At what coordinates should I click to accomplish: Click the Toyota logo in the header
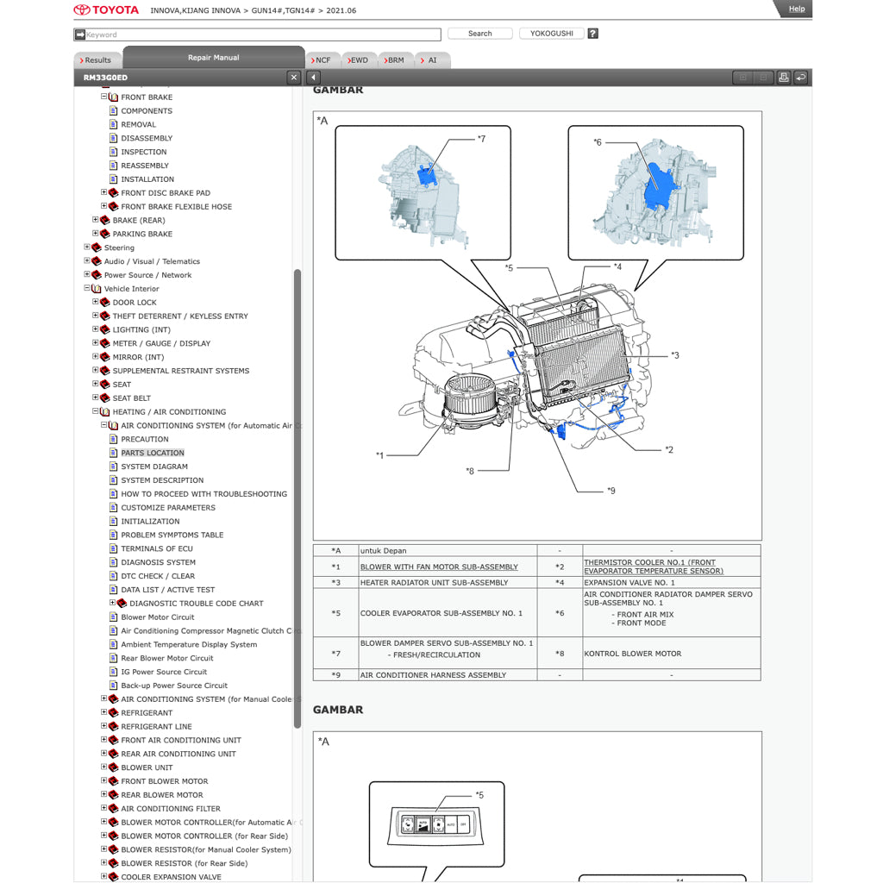tap(105, 10)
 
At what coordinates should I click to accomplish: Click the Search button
tap(479, 34)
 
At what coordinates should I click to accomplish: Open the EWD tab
tap(358, 60)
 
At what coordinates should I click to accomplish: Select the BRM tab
tap(394, 60)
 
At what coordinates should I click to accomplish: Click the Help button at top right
tap(796, 9)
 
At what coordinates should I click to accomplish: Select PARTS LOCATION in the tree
tap(153, 453)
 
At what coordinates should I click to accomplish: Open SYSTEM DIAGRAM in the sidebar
tap(154, 467)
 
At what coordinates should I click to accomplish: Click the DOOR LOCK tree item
tap(135, 303)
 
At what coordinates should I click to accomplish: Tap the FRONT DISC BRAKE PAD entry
tap(166, 193)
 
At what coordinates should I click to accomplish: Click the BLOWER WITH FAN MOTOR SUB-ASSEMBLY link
tap(439, 567)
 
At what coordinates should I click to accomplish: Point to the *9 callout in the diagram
tap(611, 491)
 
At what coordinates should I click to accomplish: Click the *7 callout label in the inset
tap(481, 139)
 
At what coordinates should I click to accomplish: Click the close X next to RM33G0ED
tap(294, 78)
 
